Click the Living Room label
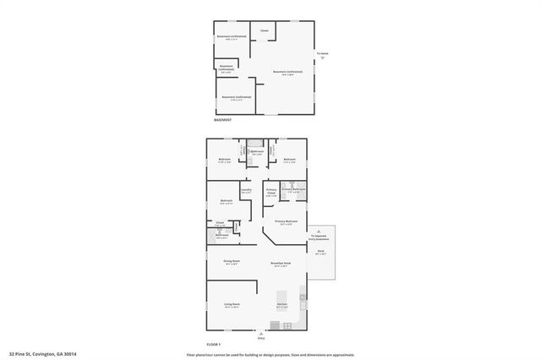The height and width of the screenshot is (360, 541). click(x=232, y=304)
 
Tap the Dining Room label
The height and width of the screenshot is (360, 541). click(x=232, y=261)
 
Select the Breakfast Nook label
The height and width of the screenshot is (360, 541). click(x=281, y=263)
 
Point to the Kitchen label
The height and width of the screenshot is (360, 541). click(x=282, y=304)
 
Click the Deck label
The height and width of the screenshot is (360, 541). click(x=321, y=253)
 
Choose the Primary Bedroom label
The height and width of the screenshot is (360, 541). click(x=286, y=222)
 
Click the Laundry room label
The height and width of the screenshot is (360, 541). click(x=246, y=190)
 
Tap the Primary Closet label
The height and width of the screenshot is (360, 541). click(x=271, y=192)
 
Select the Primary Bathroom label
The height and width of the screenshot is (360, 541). click(x=293, y=190)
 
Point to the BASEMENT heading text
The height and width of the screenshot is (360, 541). click(x=221, y=120)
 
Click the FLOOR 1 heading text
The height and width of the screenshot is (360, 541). click(x=213, y=344)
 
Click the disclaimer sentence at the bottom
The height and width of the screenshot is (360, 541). click(x=270, y=355)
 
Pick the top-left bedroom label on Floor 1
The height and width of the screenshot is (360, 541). click(x=225, y=160)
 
